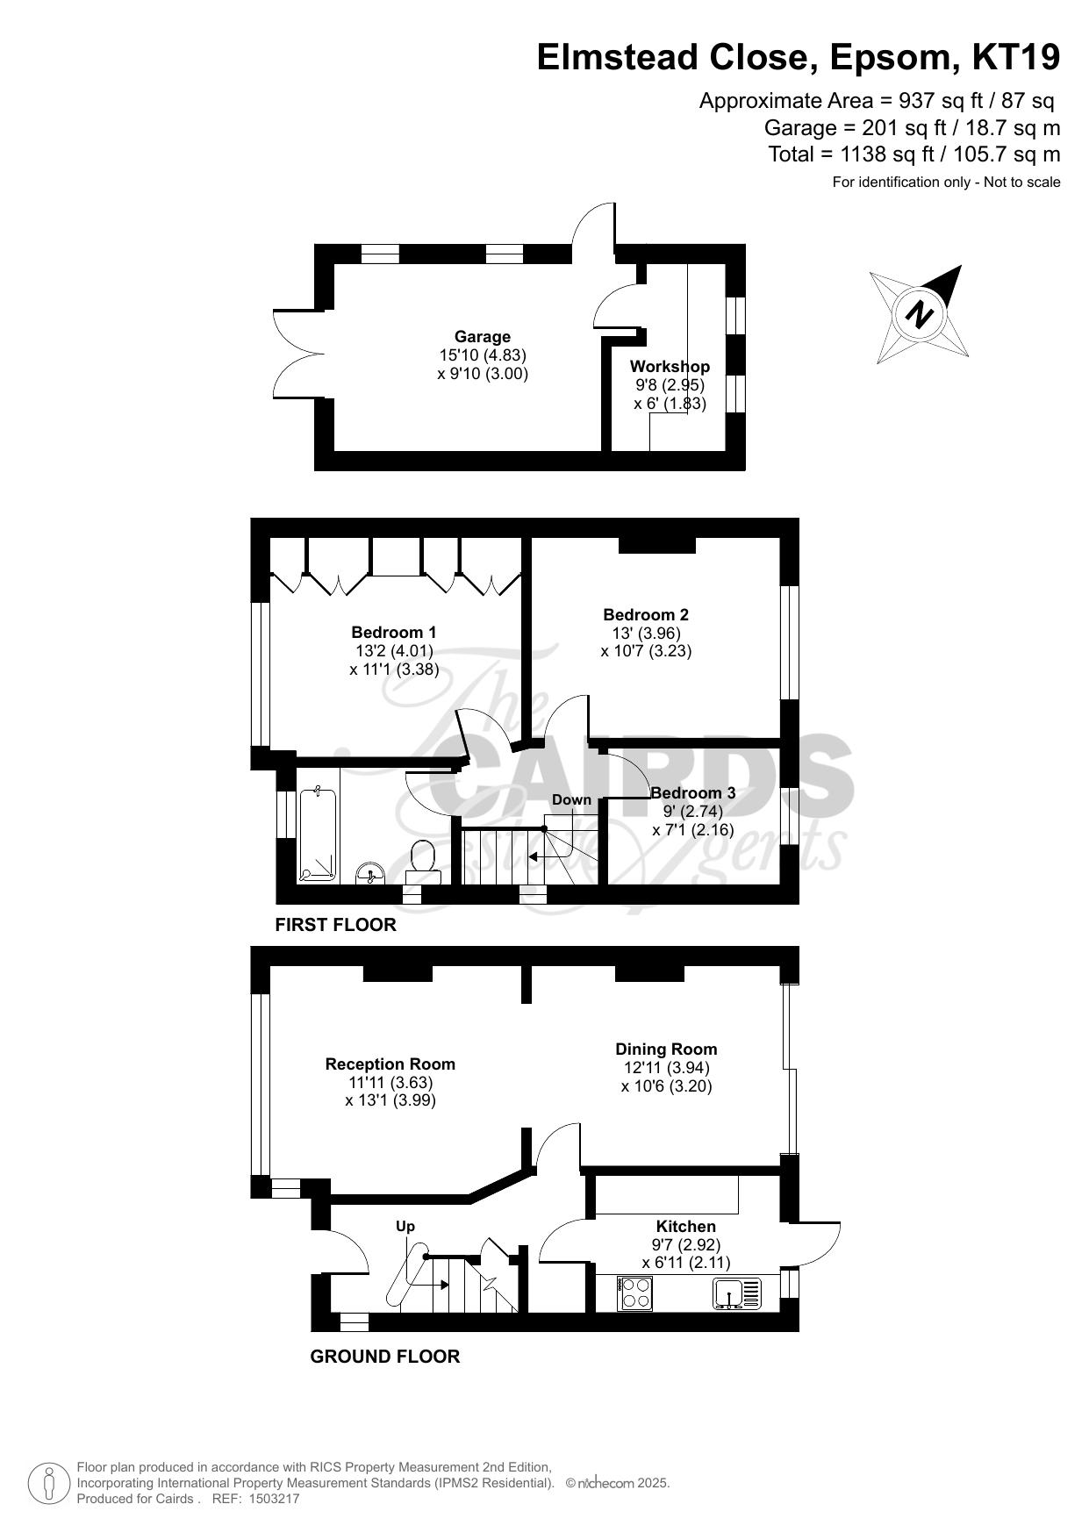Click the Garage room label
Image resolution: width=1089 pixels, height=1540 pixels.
coord(482,336)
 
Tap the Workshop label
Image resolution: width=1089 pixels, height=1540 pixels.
coord(670,366)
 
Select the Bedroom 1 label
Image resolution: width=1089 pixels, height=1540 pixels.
coord(394,632)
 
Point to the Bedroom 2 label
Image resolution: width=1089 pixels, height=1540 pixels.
coord(646,614)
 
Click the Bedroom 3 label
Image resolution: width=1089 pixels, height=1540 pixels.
coord(692,792)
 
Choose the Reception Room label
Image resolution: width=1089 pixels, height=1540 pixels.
coord(390,1064)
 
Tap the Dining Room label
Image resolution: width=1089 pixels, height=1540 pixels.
coord(666,1049)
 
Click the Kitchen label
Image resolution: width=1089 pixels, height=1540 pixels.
coord(686,1226)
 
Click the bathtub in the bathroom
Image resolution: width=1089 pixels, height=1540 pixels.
coord(318,834)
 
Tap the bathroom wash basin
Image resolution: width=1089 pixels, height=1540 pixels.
coord(371,873)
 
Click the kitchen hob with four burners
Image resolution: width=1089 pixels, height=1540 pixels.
coord(635,1293)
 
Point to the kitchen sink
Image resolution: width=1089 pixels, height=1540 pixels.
coord(738,1293)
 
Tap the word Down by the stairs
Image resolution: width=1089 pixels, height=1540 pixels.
coord(572,799)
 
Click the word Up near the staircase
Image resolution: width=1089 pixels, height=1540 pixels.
coord(405,1226)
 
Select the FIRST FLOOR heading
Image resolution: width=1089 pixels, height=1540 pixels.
coord(336,925)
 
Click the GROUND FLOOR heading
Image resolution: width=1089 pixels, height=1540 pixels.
coord(385,1357)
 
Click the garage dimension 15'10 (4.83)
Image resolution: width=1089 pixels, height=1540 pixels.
coord(483,355)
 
